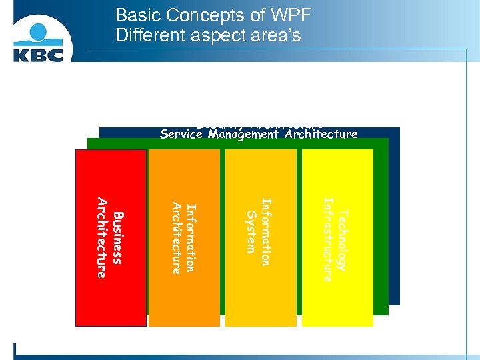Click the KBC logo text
click(38, 53)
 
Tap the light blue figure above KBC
click(38, 30)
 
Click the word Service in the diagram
click(182, 134)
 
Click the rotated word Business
click(118, 238)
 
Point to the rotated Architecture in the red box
click(102, 238)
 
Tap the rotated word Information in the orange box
click(191, 238)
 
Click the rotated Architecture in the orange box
click(177, 238)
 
